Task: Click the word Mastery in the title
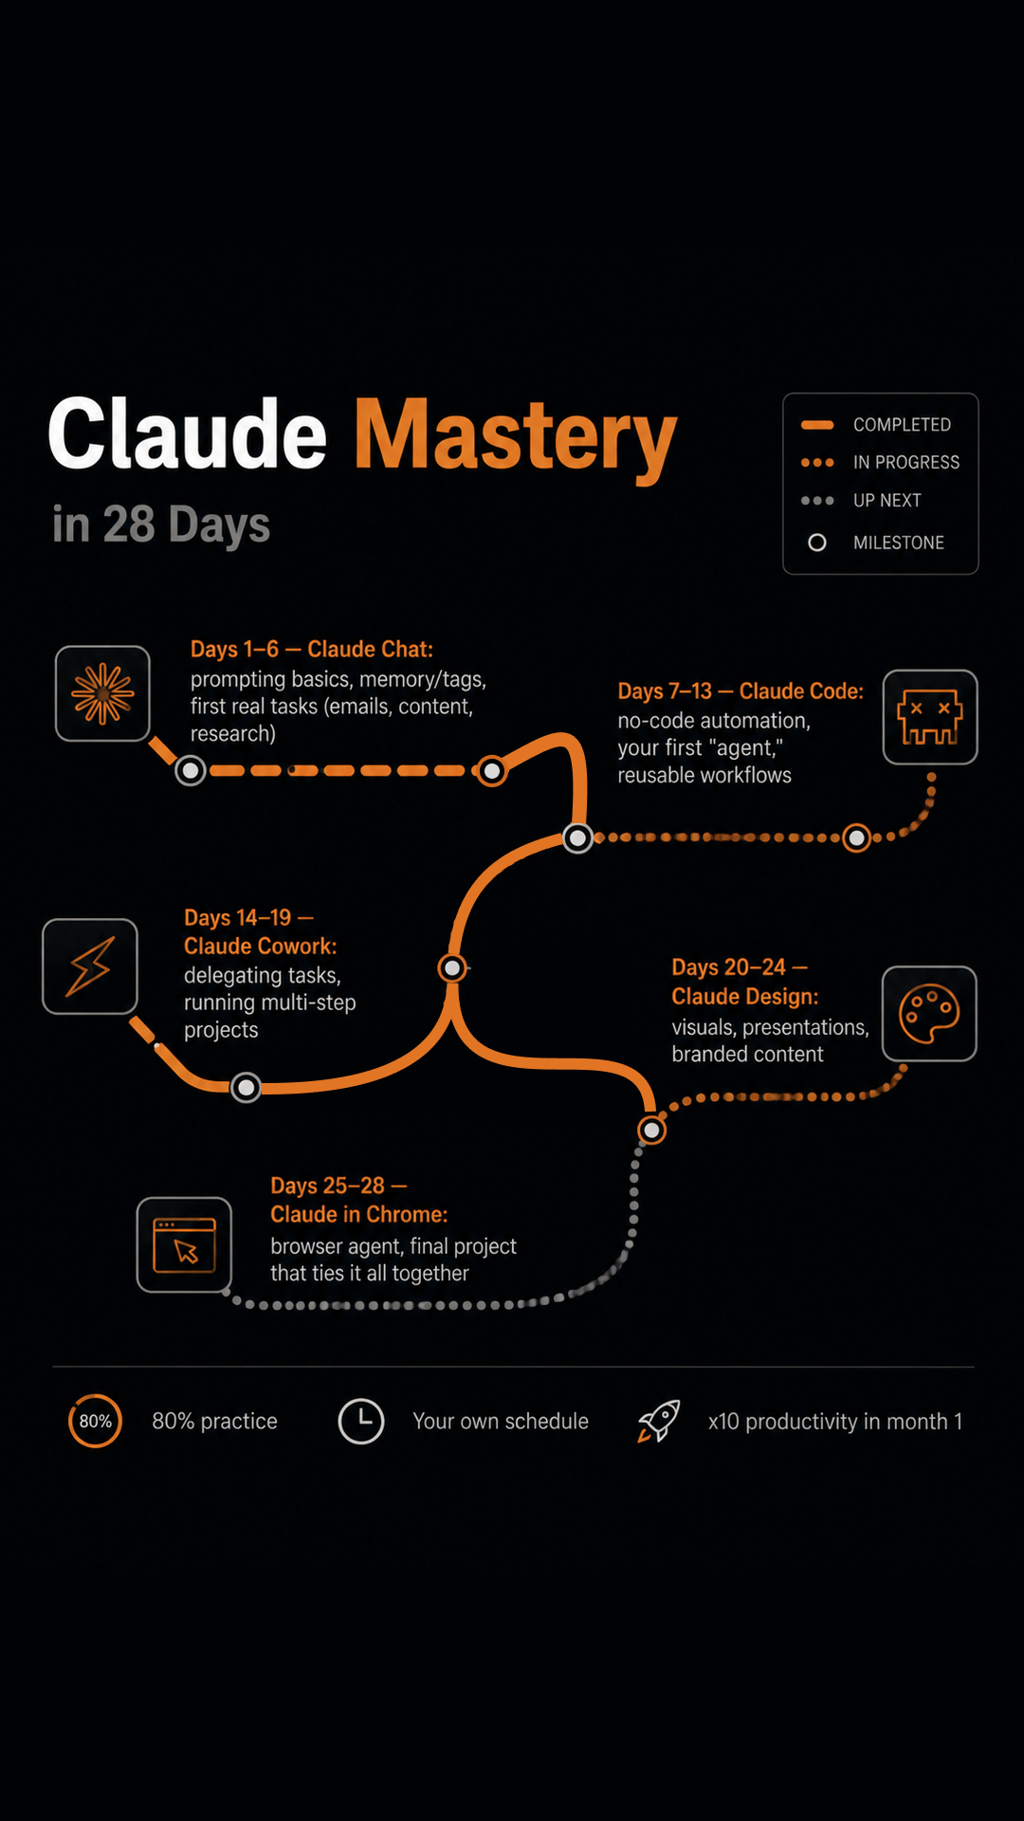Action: click(516, 437)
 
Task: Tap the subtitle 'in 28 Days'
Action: click(161, 524)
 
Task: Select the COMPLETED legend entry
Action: click(876, 425)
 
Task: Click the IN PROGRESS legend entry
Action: click(880, 463)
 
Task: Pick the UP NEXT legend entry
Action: click(861, 501)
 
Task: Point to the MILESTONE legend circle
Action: click(816, 543)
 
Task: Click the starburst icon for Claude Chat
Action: click(102, 693)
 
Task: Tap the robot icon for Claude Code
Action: click(930, 717)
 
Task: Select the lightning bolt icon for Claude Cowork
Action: click(90, 966)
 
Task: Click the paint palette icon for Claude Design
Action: click(929, 1014)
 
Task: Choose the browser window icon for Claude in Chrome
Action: click(184, 1244)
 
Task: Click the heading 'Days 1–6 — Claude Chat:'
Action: click(312, 650)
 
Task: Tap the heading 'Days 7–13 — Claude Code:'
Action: click(741, 691)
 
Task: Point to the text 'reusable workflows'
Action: click(704, 776)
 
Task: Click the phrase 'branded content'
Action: click(748, 1055)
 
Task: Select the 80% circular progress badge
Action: click(95, 1421)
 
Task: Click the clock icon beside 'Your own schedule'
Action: click(361, 1421)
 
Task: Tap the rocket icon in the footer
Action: click(659, 1421)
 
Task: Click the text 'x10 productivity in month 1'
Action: click(835, 1422)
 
